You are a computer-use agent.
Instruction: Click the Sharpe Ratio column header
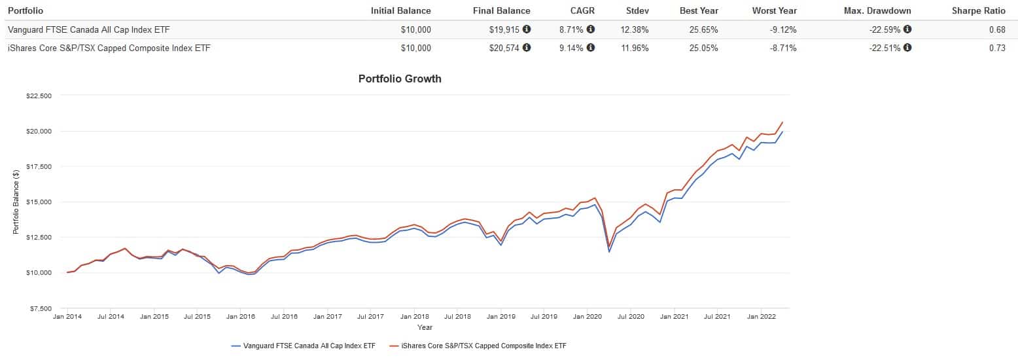click(978, 10)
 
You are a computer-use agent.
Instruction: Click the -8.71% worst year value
click(782, 48)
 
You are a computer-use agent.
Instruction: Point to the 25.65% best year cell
click(703, 29)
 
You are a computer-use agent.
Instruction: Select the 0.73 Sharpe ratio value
click(997, 48)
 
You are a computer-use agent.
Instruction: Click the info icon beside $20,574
click(527, 47)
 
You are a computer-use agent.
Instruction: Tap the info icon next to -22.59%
click(907, 29)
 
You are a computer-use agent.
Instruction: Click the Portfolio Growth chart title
click(400, 79)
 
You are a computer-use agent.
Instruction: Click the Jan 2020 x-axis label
click(587, 317)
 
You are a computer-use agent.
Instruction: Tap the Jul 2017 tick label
click(371, 317)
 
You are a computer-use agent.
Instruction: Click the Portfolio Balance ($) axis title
click(16, 202)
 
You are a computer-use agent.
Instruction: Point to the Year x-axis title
click(425, 327)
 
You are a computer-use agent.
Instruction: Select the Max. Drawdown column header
click(877, 10)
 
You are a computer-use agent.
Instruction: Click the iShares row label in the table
click(109, 48)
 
